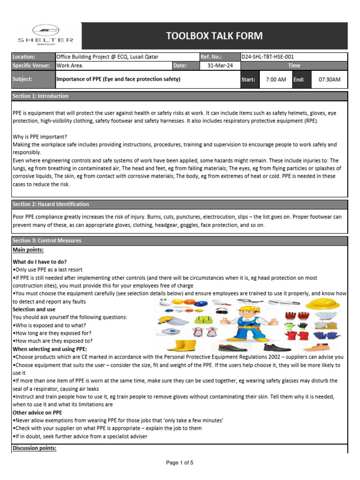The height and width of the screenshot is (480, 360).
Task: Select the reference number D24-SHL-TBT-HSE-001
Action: [x=268, y=57]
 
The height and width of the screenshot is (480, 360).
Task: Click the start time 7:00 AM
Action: [x=276, y=80]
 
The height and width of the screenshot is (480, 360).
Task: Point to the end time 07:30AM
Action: [x=330, y=80]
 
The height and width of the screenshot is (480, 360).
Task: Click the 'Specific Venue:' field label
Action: [x=31, y=66]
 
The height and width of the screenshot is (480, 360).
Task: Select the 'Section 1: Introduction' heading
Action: [x=41, y=96]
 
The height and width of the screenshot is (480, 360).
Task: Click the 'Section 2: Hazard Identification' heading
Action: [x=51, y=204]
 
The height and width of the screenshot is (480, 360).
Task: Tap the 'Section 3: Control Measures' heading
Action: [x=47, y=240]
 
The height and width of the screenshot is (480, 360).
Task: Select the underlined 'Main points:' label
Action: [x=28, y=250]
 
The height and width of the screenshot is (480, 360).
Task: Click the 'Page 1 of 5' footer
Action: [x=180, y=463]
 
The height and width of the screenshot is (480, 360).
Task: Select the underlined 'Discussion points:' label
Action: [x=35, y=448]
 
